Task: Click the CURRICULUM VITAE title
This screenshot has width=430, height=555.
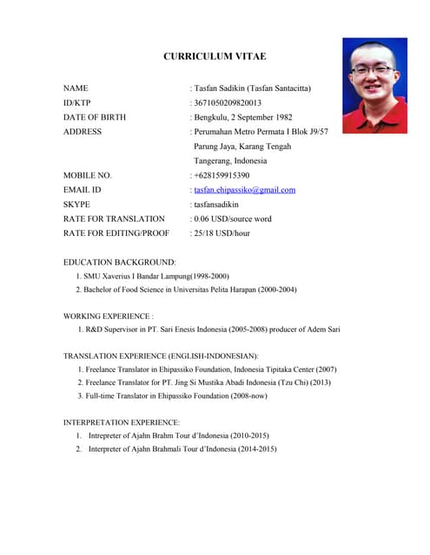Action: pyautogui.click(x=215, y=56)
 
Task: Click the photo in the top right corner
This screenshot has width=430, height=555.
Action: pyautogui.click(x=374, y=85)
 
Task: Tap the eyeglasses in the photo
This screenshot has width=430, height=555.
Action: pyautogui.click(x=374, y=70)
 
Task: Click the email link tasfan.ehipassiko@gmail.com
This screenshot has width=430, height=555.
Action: pyautogui.click(x=244, y=190)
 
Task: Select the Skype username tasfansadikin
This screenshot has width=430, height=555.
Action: pyautogui.click(x=222, y=205)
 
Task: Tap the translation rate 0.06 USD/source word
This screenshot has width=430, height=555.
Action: pyautogui.click(x=233, y=219)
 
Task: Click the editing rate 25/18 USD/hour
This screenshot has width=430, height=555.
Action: pyautogui.click(x=222, y=233)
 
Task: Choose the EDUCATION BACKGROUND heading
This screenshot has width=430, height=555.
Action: pyautogui.click(x=120, y=261)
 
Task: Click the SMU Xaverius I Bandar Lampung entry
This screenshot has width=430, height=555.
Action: pyautogui.click(x=156, y=275)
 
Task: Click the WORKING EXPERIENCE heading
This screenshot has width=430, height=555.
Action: pyautogui.click(x=109, y=317)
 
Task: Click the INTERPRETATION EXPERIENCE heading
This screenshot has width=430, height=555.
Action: pyautogui.click(x=122, y=422)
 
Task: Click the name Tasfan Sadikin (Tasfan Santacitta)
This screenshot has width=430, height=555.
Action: pyautogui.click(x=252, y=88)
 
